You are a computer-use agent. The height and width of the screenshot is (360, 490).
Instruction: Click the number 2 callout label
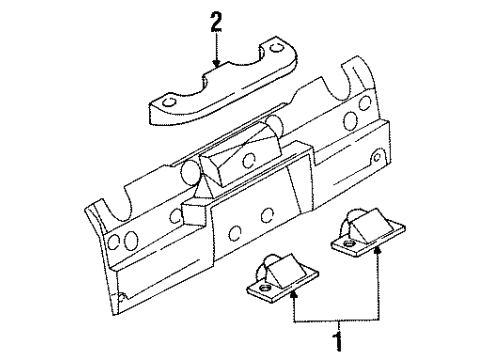(x=214, y=19)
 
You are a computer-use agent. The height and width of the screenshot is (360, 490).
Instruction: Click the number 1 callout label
(x=337, y=343)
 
